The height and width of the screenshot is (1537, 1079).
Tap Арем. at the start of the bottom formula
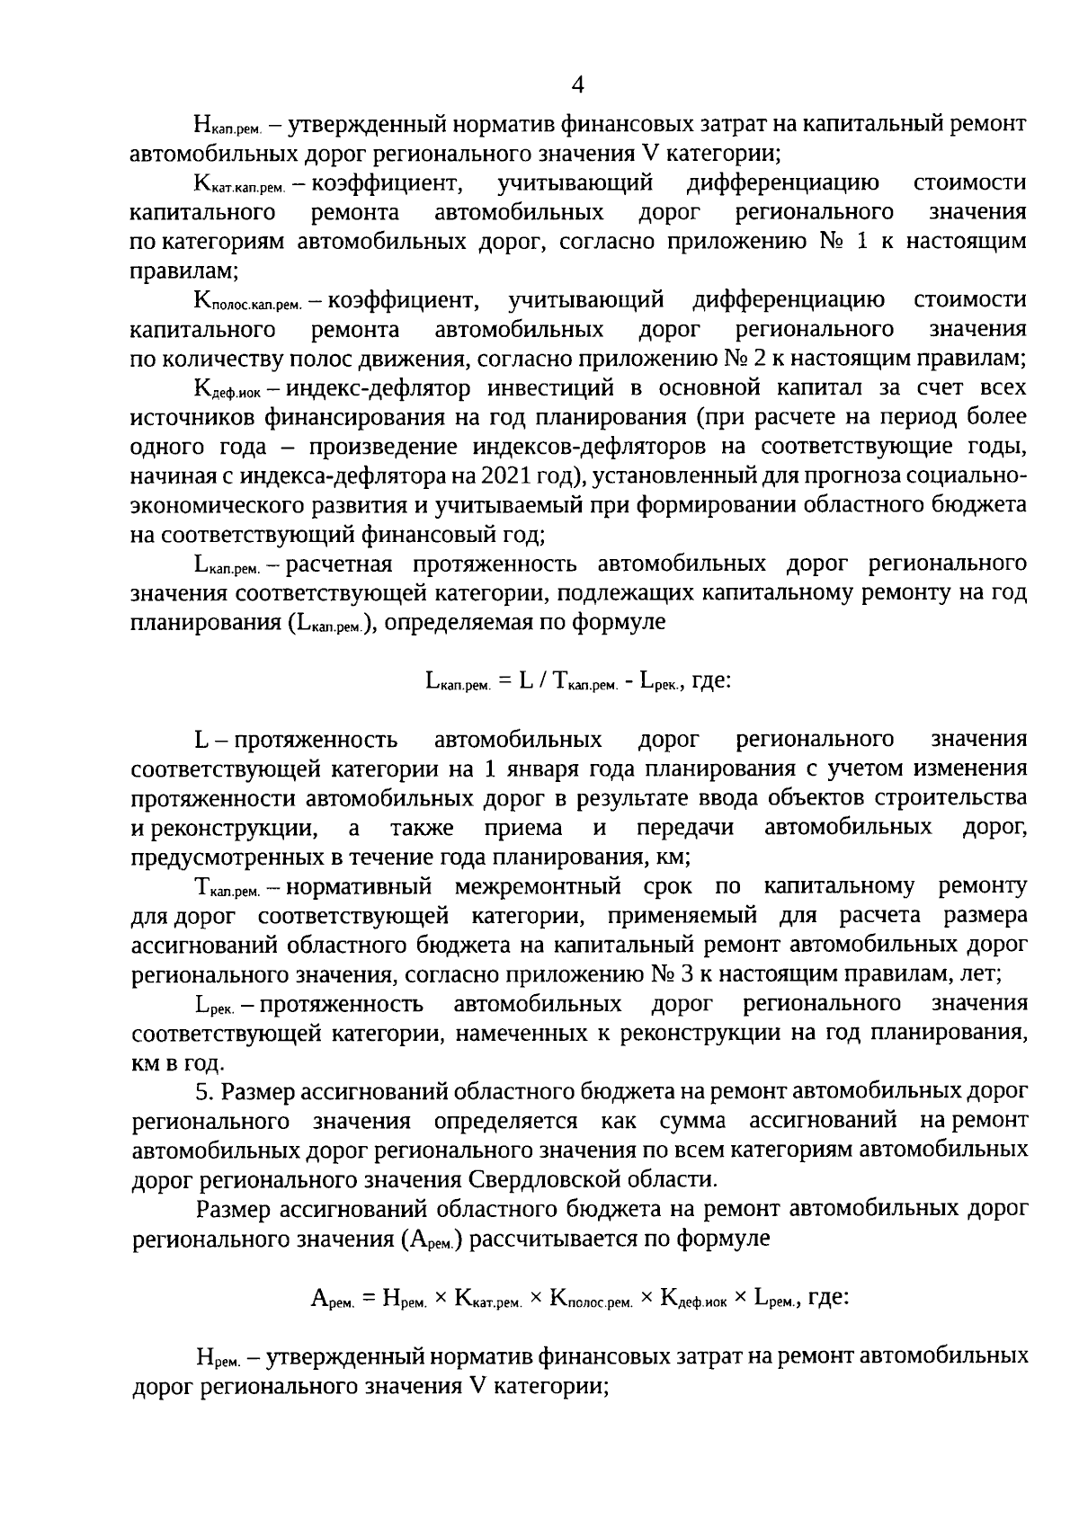click(x=334, y=1298)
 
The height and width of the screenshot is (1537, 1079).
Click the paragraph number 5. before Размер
click(x=205, y=1091)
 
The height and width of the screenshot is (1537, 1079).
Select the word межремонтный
click(x=538, y=886)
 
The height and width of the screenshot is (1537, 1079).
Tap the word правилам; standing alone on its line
click(x=183, y=270)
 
